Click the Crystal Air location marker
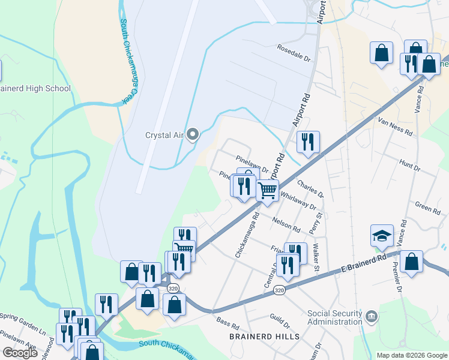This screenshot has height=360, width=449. coord(193,134)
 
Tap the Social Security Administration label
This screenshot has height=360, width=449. coord(335,317)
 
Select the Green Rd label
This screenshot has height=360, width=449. coord(427,207)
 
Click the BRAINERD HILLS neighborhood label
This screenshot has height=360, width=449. coord(265,337)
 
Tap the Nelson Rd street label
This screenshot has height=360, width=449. coord(288,225)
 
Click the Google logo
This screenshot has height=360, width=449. coord(20,353)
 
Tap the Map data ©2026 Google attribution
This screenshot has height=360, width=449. coord(411,355)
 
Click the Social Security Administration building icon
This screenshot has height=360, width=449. coord(372,316)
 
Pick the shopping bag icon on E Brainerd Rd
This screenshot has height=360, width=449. coord(411,262)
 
